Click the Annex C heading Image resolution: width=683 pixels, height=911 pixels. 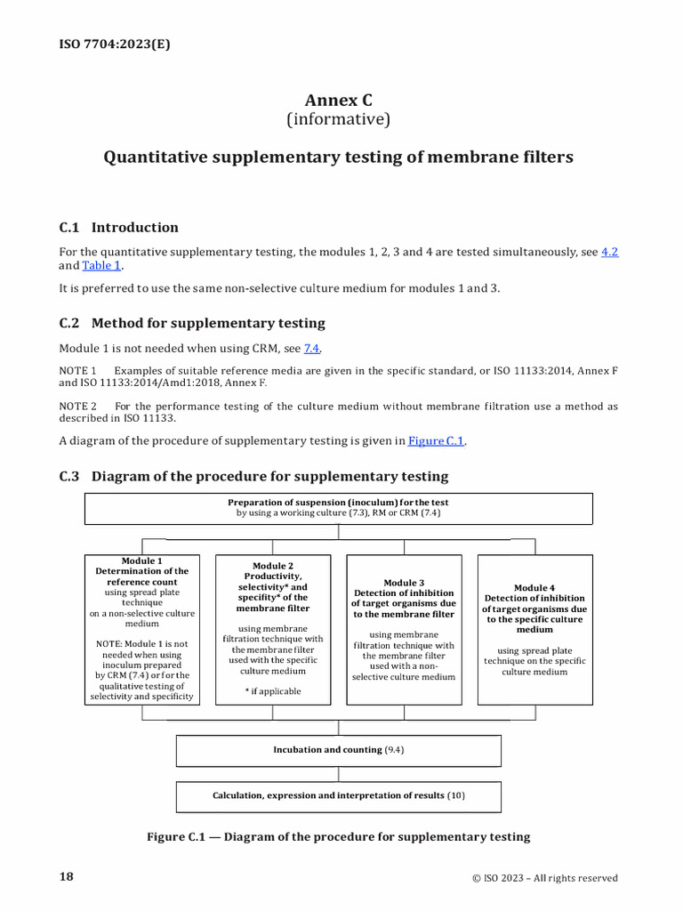(338, 100)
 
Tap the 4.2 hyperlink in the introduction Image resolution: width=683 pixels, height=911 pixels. (609, 252)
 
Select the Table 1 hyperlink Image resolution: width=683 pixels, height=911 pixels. (101, 265)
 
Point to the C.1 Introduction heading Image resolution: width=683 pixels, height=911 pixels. (118, 227)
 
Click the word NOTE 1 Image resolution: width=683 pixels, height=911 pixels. (78, 370)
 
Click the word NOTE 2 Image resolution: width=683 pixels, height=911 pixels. (78, 407)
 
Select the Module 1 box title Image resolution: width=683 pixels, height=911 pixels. (142, 561)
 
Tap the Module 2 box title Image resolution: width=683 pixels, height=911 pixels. (273, 566)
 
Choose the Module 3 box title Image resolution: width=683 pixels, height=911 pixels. (404, 583)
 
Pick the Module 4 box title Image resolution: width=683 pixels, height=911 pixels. (534, 587)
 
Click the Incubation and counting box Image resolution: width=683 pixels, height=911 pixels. (338, 750)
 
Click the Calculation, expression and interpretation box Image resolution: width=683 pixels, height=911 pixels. (338, 795)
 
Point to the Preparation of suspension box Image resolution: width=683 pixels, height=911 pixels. (338, 508)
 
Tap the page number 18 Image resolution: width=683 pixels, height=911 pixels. (67, 877)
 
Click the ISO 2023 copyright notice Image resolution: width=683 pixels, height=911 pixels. (544, 878)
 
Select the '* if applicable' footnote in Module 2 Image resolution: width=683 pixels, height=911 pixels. (273, 691)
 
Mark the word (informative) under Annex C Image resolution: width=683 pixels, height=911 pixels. (338, 119)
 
